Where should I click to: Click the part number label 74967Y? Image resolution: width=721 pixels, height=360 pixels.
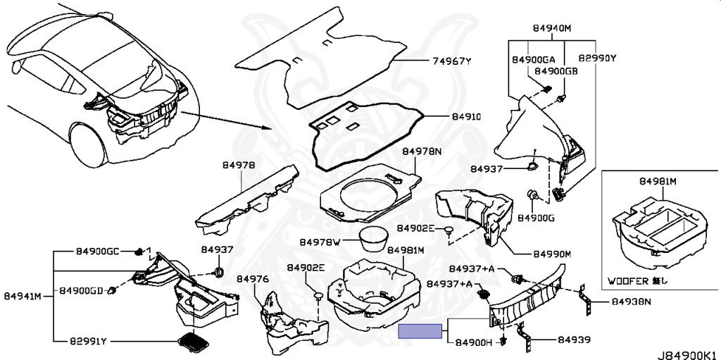point(451,61)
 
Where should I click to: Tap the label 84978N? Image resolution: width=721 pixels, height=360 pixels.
point(422,151)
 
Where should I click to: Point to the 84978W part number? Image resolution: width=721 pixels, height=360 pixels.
point(320,242)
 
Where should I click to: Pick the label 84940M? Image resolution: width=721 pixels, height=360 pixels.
point(551,28)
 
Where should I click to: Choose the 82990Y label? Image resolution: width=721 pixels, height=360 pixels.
point(597,58)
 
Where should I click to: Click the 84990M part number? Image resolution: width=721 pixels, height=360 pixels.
point(551,254)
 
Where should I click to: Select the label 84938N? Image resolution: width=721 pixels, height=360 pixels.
point(632,303)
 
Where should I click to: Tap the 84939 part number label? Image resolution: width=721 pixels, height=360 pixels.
point(575,340)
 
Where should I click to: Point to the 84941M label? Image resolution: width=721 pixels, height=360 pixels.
point(24,295)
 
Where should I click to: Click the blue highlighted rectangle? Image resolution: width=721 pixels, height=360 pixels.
point(421,332)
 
